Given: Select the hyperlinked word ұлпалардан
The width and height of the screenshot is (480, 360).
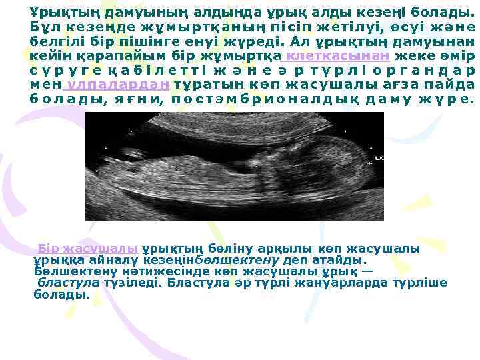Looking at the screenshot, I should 119,85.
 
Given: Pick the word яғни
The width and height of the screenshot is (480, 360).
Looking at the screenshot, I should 139,99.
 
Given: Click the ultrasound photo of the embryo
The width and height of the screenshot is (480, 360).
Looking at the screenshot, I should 235,166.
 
